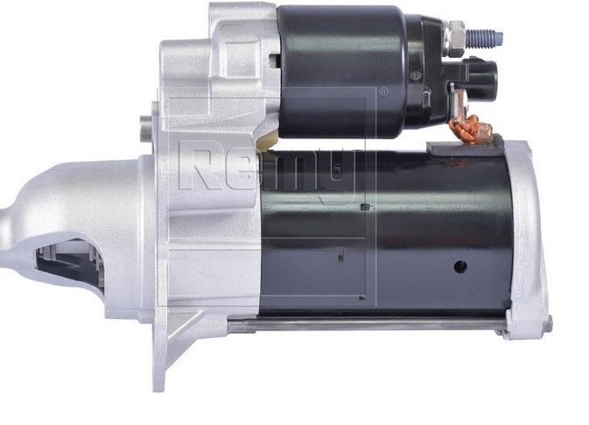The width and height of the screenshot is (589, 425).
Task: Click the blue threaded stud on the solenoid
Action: click(484, 39)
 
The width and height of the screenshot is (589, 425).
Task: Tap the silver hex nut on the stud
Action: click(455, 39)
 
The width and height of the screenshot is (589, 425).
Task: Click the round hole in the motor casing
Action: click(460, 266)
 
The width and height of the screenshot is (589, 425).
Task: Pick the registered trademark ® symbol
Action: click(382, 91)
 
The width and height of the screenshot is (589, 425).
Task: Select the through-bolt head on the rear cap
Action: click(550, 323)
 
